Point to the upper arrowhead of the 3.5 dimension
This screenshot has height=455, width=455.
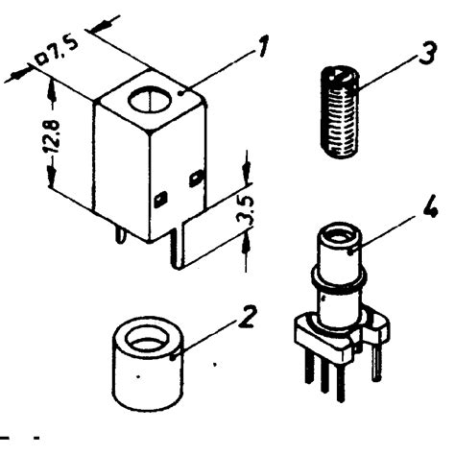(248, 178)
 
